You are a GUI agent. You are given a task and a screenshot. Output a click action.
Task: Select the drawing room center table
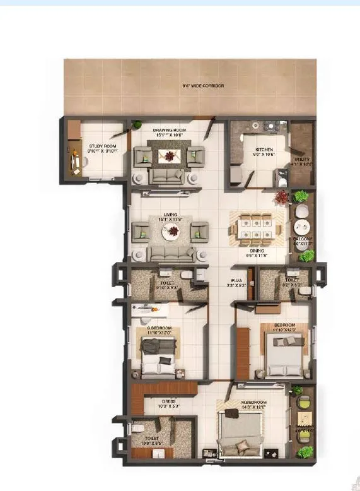click(168, 153)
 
